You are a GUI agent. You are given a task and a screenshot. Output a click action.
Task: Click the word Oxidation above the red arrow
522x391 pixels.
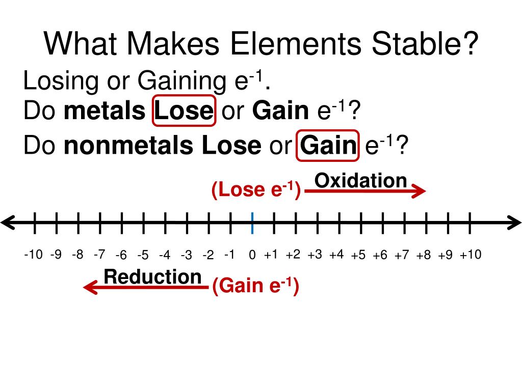point(360,180)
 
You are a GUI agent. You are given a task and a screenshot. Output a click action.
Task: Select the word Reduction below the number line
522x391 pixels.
point(152,277)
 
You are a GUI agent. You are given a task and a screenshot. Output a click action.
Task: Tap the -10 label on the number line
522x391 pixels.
point(33,254)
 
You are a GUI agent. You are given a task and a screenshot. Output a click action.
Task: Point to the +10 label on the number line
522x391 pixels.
point(470,254)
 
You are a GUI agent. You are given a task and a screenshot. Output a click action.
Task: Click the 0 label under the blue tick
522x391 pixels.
point(252,255)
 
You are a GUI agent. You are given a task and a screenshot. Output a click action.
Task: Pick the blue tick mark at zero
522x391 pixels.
point(252,223)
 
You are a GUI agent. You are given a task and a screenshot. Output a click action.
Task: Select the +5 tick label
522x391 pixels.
point(358,255)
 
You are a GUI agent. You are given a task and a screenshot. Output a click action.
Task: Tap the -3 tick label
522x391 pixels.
point(186,255)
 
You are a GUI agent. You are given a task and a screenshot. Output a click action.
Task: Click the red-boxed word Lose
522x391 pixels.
point(184,111)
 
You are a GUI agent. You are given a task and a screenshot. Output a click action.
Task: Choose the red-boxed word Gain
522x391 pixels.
point(328,146)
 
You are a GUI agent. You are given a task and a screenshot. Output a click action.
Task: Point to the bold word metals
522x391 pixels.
point(104,111)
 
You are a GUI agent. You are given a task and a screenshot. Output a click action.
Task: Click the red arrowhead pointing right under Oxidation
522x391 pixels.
point(419,191)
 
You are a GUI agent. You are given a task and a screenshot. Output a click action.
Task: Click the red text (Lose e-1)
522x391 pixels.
point(256,190)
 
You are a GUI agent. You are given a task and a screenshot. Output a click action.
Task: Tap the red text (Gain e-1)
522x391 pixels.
point(255,286)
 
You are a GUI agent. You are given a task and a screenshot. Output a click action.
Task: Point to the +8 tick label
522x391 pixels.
point(423,255)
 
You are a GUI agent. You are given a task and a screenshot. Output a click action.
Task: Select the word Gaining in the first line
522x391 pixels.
point(181,81)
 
